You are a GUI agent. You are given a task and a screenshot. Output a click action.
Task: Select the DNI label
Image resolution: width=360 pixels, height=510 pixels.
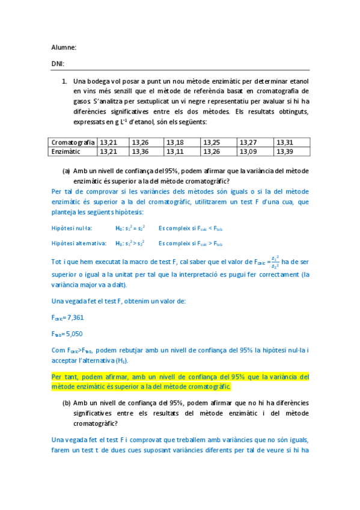pos(58,63)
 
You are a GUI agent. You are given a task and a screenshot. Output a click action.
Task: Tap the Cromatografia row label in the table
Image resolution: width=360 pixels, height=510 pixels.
pos(73,143)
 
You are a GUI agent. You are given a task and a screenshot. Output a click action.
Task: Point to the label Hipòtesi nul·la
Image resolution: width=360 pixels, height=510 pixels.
pos(72,228)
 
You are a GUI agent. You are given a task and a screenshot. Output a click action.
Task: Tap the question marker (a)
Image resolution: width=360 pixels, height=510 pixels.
pos(66,171)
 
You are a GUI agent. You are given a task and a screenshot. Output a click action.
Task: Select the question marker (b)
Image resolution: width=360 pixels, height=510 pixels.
pos(66,403)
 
